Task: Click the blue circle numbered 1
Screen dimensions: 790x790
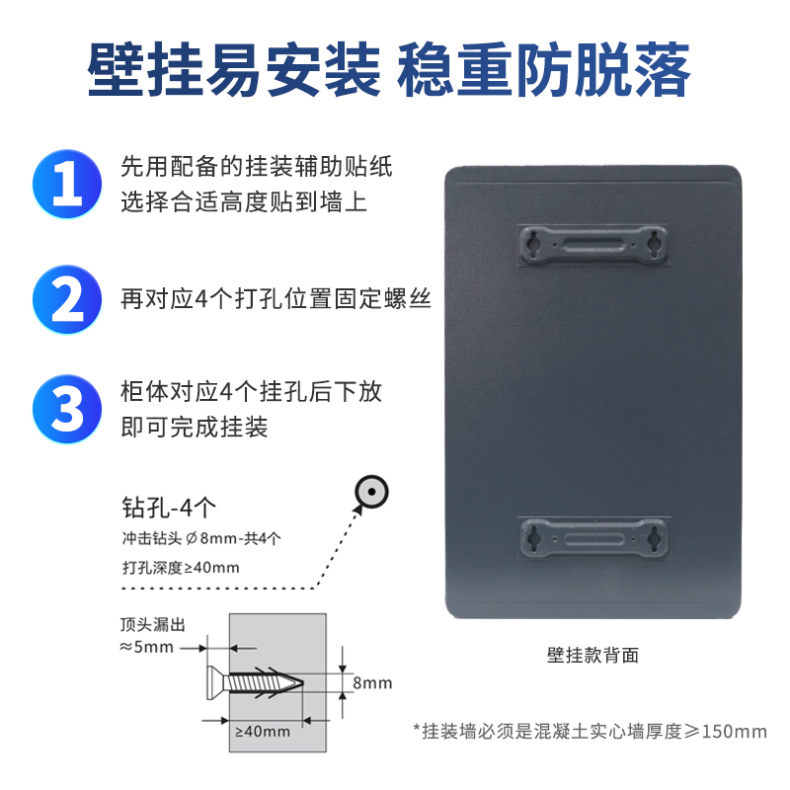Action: tap(67, 184)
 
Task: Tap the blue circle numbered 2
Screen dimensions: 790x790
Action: tap(67, 299)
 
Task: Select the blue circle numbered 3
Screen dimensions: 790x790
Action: tap(67, 409)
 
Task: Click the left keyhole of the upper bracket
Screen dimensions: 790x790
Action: tap(533, 243)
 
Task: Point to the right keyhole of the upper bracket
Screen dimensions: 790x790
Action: tap(654, 243)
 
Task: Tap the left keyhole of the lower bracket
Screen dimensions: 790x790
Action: tap(534, 537)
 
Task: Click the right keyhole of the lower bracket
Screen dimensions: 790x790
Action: tap(654, 537)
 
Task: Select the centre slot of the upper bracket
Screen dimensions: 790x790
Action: tap(593, 245)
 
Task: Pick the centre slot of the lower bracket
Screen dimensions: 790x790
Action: tap(594, 539)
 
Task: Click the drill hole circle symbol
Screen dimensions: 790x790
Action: tap(371, 492)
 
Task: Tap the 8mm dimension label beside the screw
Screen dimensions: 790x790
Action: tap(372, 683)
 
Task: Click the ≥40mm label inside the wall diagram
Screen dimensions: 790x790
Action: tap(263, 731)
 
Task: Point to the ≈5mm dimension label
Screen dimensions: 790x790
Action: tap(146, 647)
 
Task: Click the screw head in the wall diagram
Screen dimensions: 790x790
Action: tap(215, 682)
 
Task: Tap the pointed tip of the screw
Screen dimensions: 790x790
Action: tap(302, 683)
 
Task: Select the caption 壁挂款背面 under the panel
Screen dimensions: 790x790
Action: tap(593, 656)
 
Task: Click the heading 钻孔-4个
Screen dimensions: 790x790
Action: tap(169, 508)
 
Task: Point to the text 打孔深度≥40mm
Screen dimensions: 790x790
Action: tap(181, 568)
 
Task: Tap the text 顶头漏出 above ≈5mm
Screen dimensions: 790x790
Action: tap(153, 625)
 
